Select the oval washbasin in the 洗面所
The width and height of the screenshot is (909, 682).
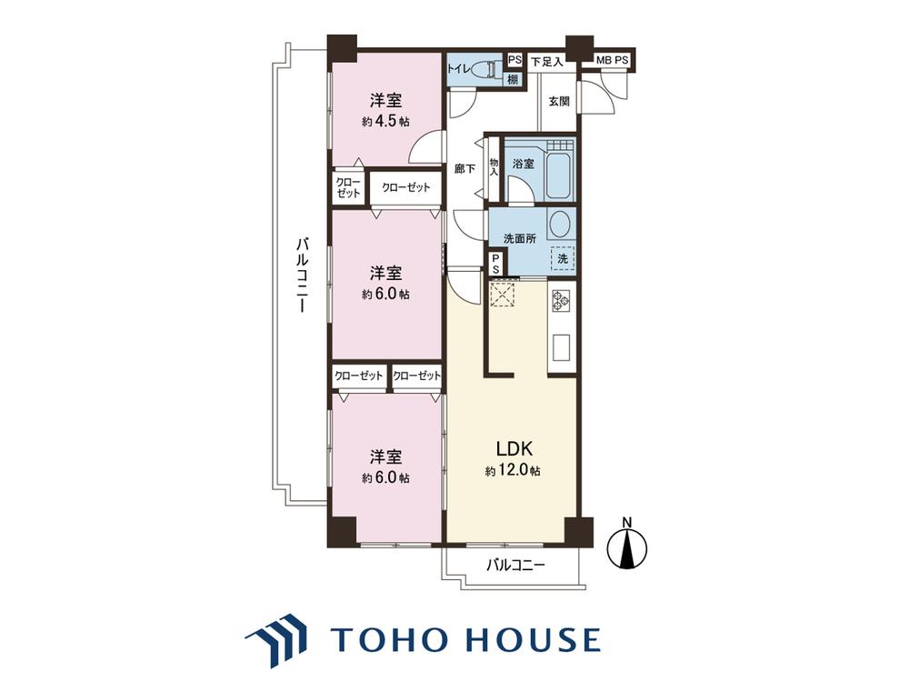tap(560, 224)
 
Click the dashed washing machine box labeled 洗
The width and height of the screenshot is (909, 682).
tap(563, 258)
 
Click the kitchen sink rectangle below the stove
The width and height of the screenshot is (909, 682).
tap(561, 347)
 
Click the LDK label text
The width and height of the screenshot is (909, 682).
tap(514, 448)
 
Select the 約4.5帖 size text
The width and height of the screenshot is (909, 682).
tap(386, 122)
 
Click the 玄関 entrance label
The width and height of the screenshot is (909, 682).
tap(559, 102)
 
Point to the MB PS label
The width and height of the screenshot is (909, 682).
tap(612, 60)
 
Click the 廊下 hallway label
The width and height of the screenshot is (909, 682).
tap(464, 169)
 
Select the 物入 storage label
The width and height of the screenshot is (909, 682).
tap(494, 167)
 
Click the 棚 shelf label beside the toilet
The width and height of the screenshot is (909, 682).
tap(513, 80)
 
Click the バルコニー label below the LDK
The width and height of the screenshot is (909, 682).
tap(516, 565)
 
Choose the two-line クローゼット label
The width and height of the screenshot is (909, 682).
tap(348, 187)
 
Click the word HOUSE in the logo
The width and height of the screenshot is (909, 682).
tap(531, 638)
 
